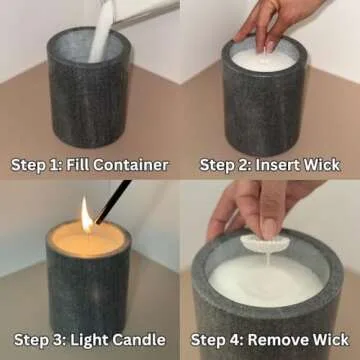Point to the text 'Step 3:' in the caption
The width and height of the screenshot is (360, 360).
(40, 340)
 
